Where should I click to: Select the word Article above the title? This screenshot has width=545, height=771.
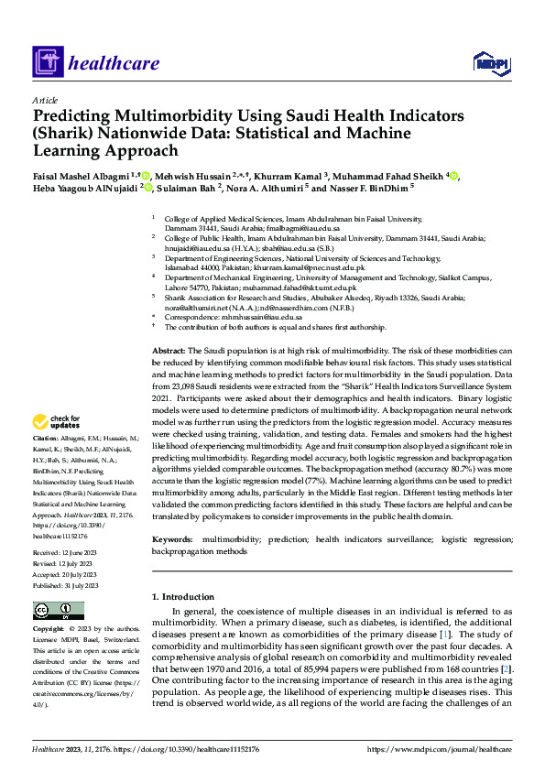coord(45,100)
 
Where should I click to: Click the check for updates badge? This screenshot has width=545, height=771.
coord(52,422)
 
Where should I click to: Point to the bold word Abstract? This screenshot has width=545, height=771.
coord(168,351)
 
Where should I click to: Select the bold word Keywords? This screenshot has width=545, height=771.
coord(172,541)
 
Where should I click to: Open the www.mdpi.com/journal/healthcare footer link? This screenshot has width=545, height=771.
coord(439,749)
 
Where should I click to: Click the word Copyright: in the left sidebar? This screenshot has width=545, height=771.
coord(49,630)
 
